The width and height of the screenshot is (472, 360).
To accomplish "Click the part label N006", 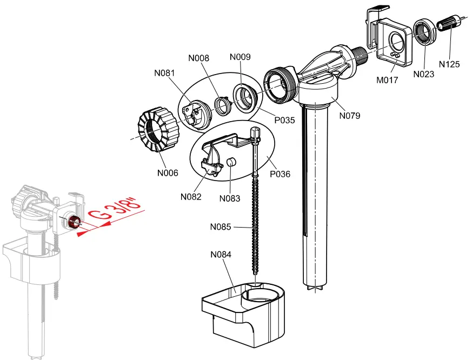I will tap(168, 173).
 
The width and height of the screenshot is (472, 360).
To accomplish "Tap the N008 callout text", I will tap(198, 58).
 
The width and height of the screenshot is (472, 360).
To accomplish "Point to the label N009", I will tap(240, 57).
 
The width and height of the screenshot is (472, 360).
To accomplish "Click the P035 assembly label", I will tap(284, 120).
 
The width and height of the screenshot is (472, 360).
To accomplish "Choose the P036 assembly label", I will tap(280, 174).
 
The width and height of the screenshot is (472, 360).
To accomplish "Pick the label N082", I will tap(191, 197).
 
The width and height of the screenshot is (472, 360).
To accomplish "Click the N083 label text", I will tap(230, 198).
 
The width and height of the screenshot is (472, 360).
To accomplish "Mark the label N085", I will tap(221, 227).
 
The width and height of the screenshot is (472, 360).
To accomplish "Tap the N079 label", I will tap(350, 115).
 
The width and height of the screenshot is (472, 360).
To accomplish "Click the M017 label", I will tap(387, 80).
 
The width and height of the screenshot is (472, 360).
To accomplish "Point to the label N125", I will tap(449, 64).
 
